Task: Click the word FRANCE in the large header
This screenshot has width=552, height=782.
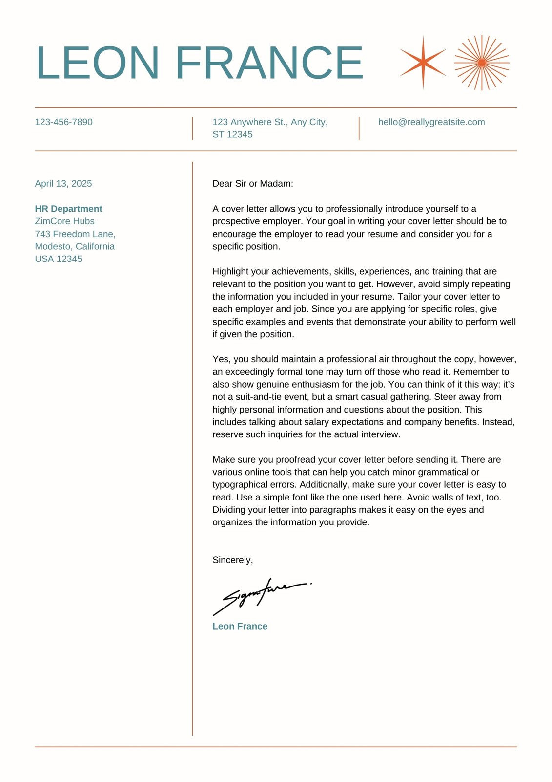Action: click(269, 63)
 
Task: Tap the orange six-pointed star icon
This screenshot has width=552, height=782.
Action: click(423, 63)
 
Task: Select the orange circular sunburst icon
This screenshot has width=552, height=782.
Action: click(482, 63)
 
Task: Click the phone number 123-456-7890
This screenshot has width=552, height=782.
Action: click(63, 122)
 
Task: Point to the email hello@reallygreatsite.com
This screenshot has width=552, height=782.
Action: click(431, 122)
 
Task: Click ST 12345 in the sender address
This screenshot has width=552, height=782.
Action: click(232, 134)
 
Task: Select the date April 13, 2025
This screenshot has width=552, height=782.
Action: click(63, 184)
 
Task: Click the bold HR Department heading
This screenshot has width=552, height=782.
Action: click(68, 209)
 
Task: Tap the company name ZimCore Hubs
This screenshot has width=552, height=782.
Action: click(64, 221)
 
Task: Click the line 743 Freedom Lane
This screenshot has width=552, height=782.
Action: click(75, 234)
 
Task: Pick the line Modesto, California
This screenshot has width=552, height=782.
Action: click(75, 246)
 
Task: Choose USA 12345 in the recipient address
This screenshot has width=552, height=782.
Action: click(59, 259)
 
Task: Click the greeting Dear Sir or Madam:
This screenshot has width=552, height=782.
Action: click(253, 184)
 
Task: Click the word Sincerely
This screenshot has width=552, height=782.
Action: click(232, 560)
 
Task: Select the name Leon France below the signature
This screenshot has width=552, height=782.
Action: click(240, 627)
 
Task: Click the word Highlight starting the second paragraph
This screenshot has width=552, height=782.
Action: click(230, 272)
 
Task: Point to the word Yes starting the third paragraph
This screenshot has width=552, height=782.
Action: click(221, 359)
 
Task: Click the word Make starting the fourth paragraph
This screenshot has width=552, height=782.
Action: click(223, 460)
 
